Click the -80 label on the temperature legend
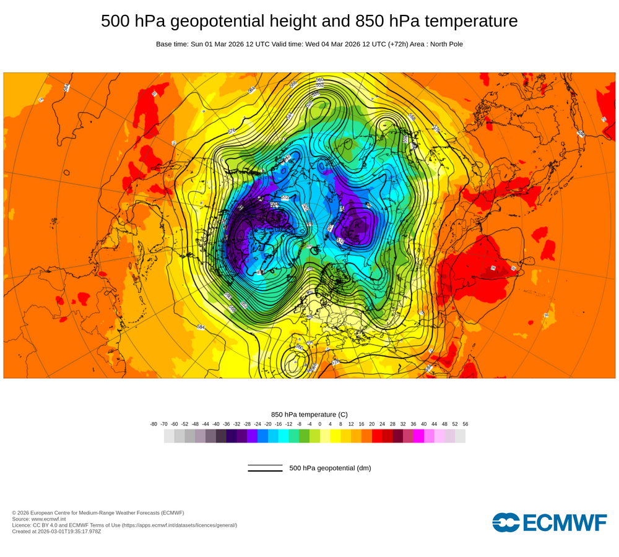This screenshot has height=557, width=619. click(x=154, y=424)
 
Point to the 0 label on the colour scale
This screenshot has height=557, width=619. click(x=320, y=424)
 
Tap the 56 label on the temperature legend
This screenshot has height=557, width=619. click(x=465, y=424)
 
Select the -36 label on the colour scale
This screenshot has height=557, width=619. click(x=226, y=424)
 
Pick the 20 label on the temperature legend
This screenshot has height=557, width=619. click(x=372, y=424)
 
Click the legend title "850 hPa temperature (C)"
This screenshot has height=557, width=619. click(x=309, y=414)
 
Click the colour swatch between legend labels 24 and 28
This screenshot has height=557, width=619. click(x=387, y=436)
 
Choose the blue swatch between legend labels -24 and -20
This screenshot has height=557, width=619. click(x=262, y=436)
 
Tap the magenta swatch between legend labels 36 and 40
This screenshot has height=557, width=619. click(x=419, y=436)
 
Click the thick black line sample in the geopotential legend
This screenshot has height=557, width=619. click(x=265, y=471)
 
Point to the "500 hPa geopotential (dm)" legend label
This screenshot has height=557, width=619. click(x=330, y=468)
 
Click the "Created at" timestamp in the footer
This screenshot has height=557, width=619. click(x=56, y=531)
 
